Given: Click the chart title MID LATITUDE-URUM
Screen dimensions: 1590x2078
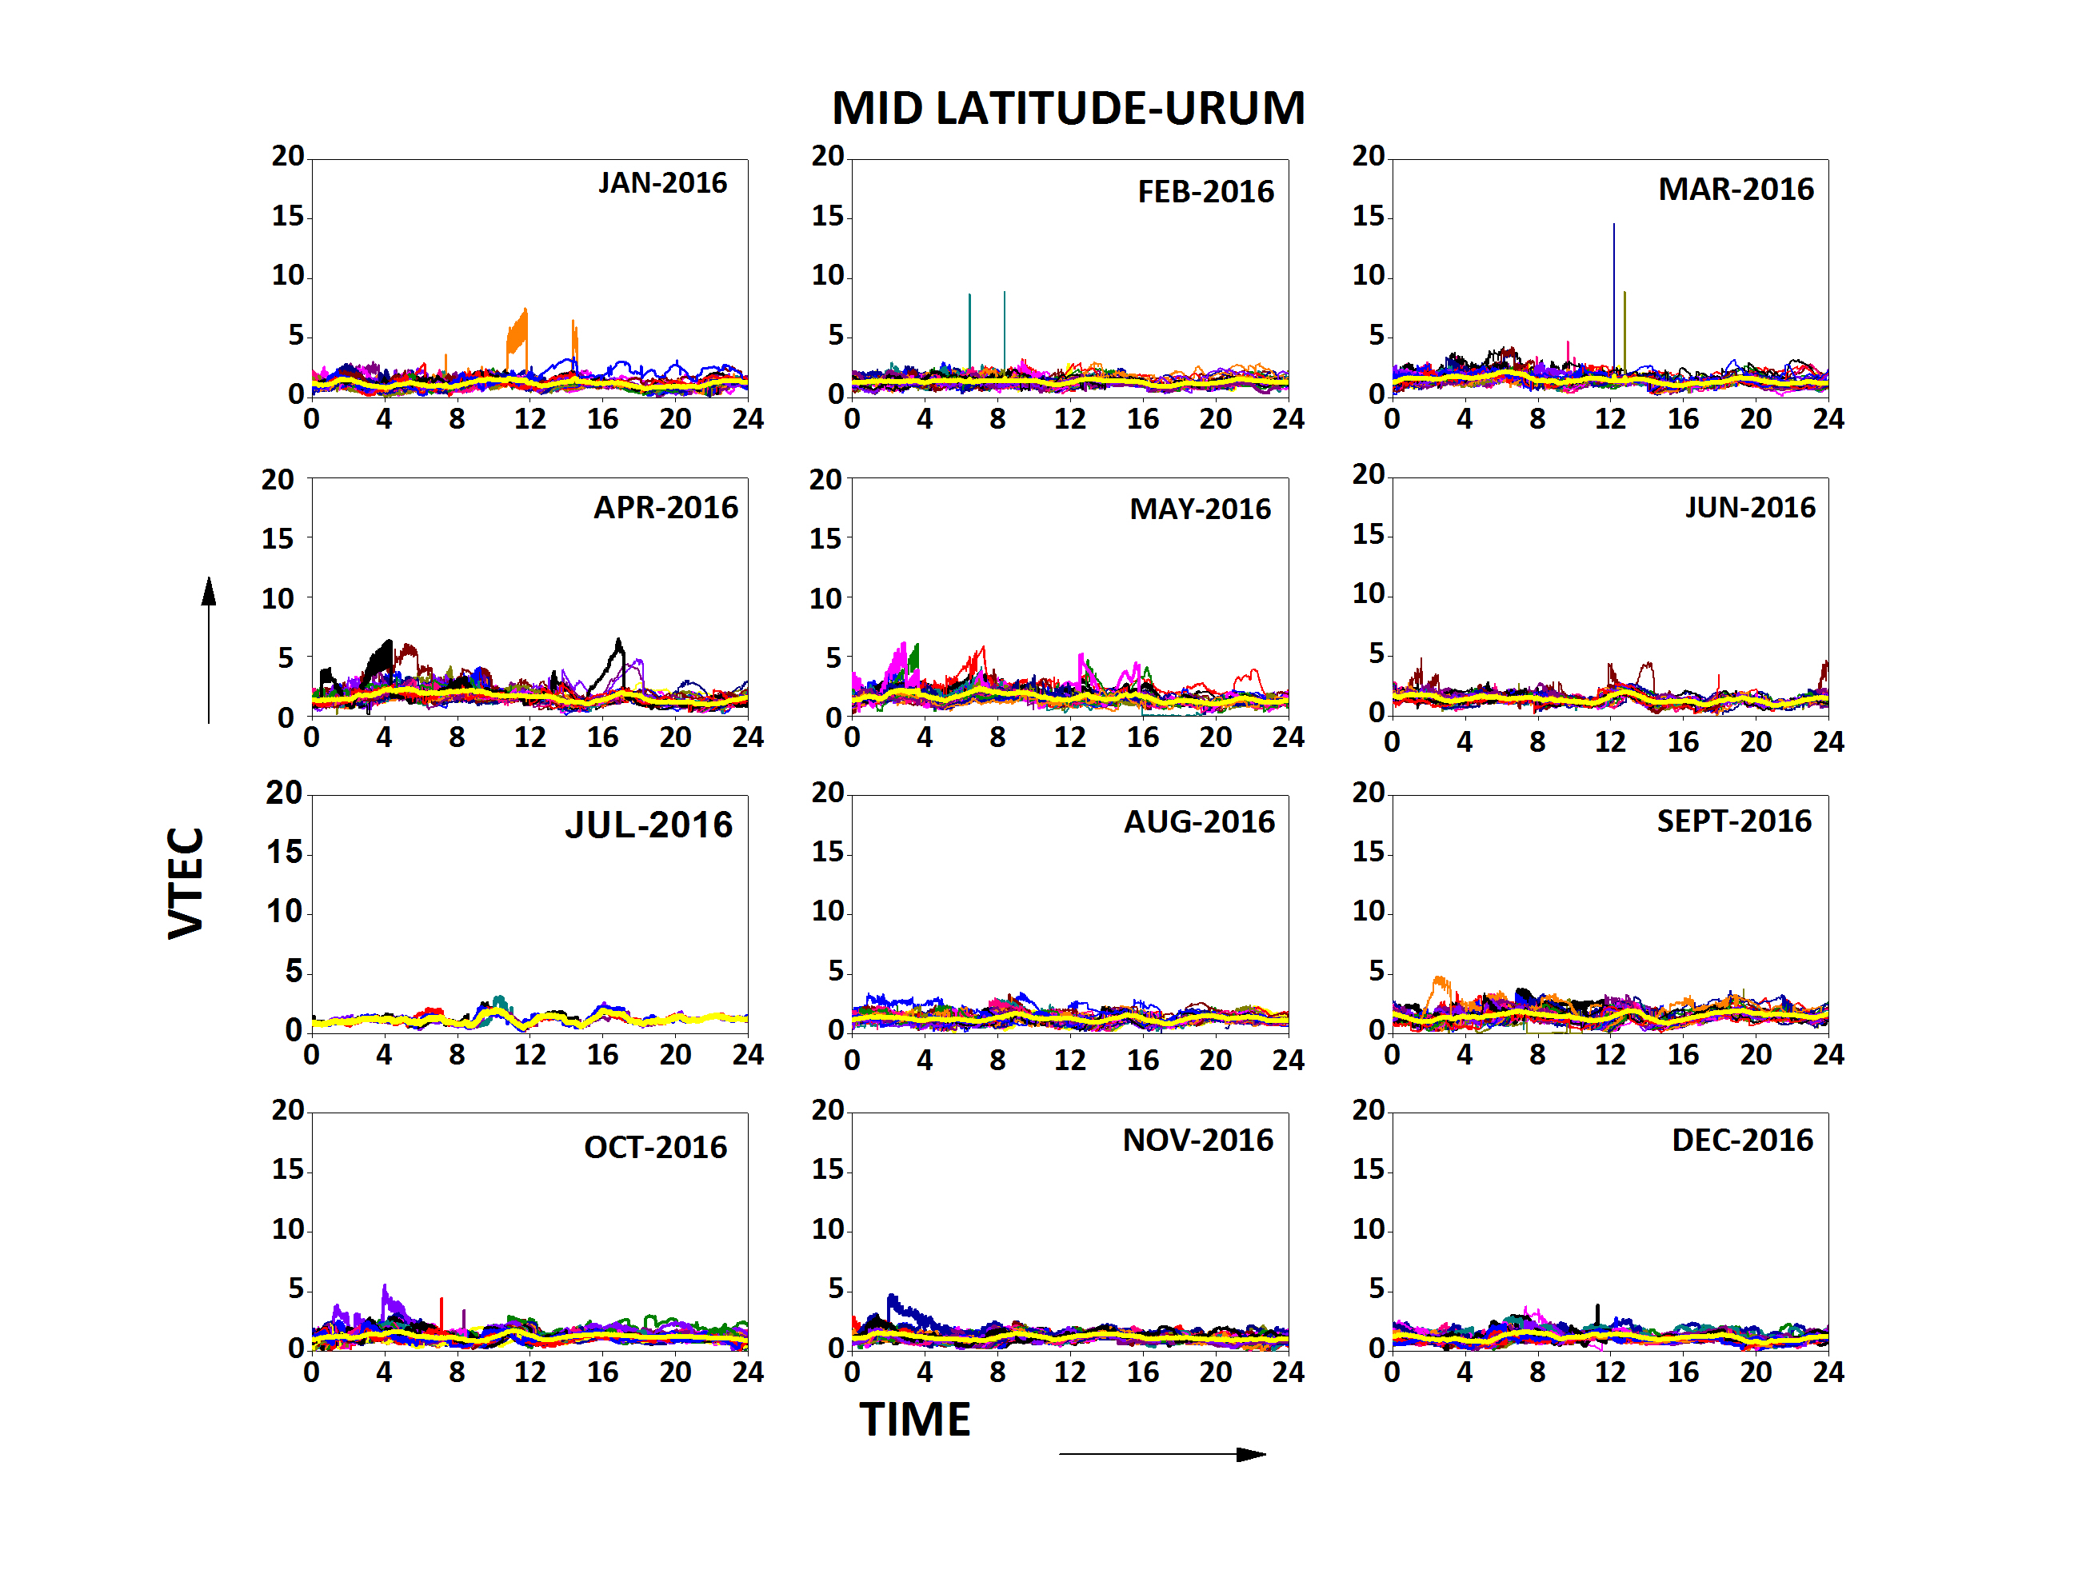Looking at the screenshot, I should point(1067,108).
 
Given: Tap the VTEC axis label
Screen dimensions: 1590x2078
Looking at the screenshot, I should point(186,882).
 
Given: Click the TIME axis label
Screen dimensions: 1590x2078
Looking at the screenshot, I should point(914,1420).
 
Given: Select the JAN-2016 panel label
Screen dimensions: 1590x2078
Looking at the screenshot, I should point(662,182).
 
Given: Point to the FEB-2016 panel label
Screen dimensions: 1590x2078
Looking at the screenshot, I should point(1205,192).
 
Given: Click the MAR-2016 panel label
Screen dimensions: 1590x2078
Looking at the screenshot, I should point(1736,190).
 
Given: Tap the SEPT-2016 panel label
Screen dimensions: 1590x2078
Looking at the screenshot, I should point(1733,821).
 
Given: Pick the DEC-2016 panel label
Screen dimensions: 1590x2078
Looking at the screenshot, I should point(1742,1140).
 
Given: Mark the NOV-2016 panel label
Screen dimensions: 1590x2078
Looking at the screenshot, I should point(1197,1140).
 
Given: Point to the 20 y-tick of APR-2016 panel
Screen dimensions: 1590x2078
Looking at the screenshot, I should point(278,480).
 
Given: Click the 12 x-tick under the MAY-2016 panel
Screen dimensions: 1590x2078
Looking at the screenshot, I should point(1069,737).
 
